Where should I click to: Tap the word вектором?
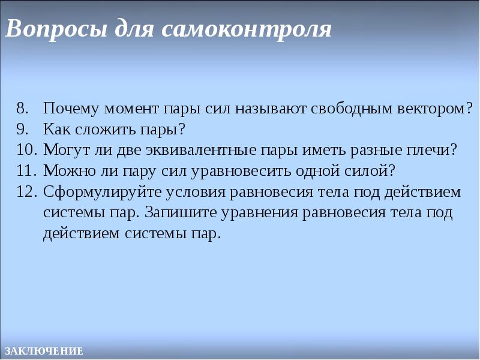[434, 109]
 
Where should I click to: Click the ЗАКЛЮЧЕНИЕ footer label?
[43, 351]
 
